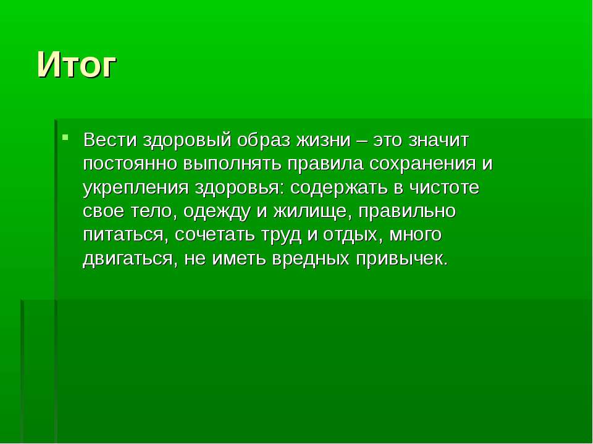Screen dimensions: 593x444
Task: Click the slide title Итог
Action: [x=77, y=65]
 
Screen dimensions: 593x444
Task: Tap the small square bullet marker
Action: [x=65, y=136]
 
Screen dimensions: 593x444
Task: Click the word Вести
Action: [x=110, y=140]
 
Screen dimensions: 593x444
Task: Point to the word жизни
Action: [x=323, y=141]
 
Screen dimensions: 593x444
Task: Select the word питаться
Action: [x=124, y=235]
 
